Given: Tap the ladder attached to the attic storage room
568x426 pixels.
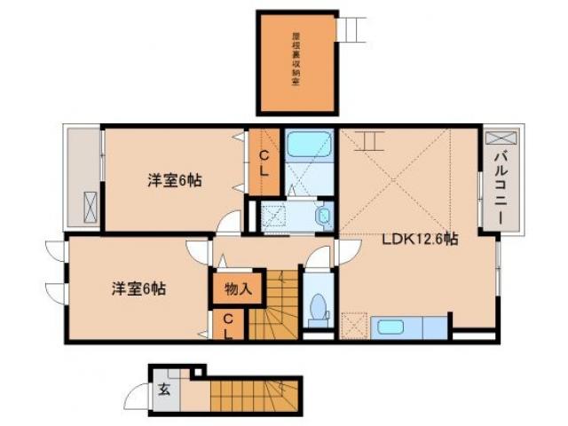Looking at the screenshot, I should coord(353,29).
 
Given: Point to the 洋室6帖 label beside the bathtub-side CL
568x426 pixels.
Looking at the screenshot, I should coord(174,181).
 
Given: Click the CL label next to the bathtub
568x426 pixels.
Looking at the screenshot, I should coord(264,159).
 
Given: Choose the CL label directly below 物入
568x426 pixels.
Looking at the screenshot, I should coord(227,326).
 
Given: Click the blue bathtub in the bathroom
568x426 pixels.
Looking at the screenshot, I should coord(308,146).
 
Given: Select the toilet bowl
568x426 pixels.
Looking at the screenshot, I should coord(317,312).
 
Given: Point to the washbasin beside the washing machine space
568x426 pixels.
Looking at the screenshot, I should coord(323,215).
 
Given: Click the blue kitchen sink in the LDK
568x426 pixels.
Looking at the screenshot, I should coord(391,327).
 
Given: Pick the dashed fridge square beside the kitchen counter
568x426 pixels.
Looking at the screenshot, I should coord(354,326).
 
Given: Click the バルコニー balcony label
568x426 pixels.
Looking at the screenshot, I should coord(499,192).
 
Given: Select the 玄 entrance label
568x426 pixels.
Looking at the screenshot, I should coord(164,388).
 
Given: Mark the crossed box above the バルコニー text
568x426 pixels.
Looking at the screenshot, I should coord(497,140).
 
